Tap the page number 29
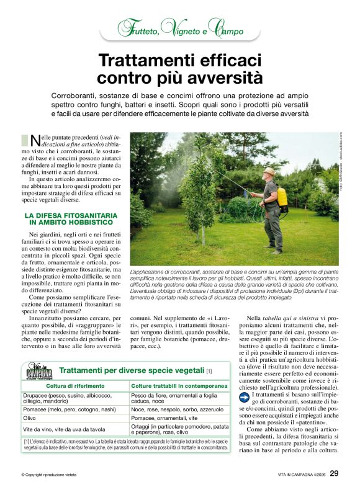(x=334, y=474)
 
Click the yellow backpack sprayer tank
(x=282, y=197)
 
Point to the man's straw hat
(x=269, y=171)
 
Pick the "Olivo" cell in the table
(x=30, y=419)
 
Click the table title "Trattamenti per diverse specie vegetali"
(x=132, y=370)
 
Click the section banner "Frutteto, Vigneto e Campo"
(x=180, y=28)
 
